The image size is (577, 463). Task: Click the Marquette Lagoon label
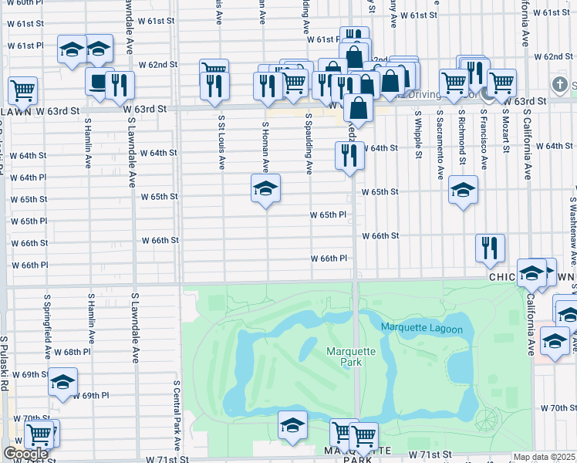tap(421, 330)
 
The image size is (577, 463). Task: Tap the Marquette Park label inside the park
tap(350, 357)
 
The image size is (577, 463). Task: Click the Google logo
tap(25, 454)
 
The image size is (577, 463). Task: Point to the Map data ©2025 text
tap(544, 457)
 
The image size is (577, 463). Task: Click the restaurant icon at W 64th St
tap(350, 155)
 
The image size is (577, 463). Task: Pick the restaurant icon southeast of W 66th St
tap(490, 248)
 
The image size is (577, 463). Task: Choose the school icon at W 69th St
tap(62, 381)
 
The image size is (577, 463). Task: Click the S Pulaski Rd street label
tap(4, 363)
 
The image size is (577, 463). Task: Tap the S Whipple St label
tap(419, 133)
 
